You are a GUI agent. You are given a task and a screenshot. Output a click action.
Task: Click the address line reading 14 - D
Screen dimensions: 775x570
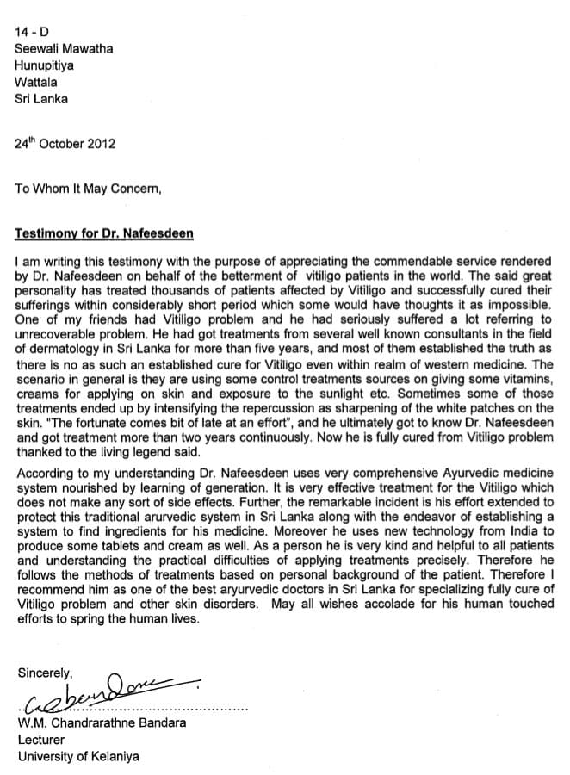tap(32, 33)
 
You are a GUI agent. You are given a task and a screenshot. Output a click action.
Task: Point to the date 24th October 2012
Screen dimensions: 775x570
tap(65, 144)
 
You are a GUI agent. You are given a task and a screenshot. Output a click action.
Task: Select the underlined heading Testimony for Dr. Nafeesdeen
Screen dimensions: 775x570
tap(104, 233)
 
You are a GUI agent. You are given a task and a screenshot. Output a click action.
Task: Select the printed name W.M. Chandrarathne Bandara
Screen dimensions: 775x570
tap(102, 723)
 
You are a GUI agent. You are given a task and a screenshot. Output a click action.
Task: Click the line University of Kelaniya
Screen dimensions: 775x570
tap(77, 757)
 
